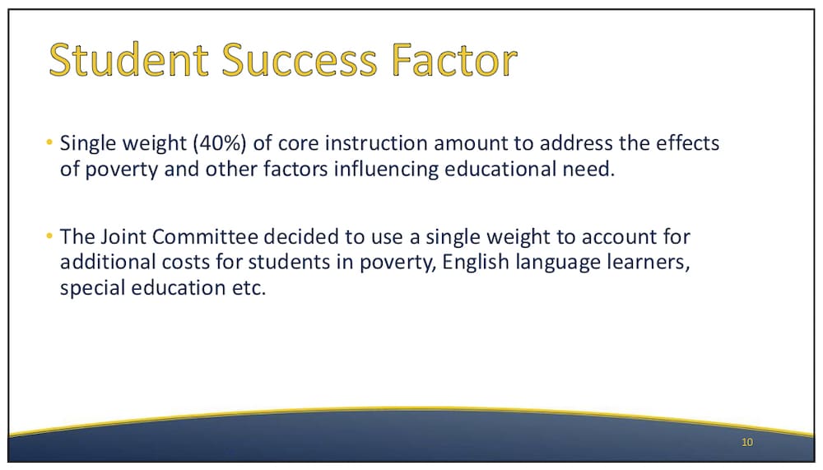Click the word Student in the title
(128, 60)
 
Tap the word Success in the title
(300, 60)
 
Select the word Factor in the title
(454, 60)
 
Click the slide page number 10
(747, 442)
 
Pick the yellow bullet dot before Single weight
(49, 142)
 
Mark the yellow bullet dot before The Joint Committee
(49, 235)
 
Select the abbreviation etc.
(249, 288)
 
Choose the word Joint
(123, 237)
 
